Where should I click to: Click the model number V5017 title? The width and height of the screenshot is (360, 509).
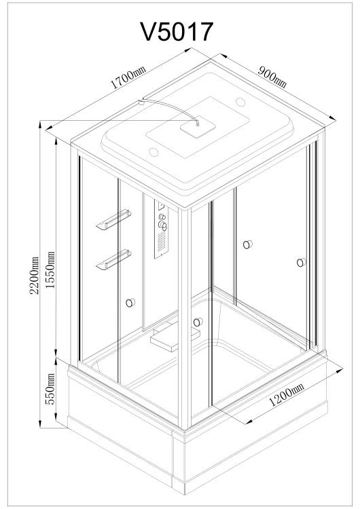click(x=177, y=31)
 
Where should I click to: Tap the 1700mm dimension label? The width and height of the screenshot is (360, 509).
click(x=128, y=77)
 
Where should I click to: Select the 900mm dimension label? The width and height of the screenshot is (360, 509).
click(x=272, y=77)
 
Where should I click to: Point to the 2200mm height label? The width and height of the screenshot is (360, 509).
click(x=34, y=275)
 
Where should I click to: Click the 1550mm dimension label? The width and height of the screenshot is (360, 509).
click(x=50, y=270)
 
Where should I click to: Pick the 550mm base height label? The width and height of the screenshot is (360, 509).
click(x=50, y=389)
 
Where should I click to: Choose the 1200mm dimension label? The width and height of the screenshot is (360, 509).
click(x=287, y=394)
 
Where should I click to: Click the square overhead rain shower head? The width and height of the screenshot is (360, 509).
click(x=198, y=127)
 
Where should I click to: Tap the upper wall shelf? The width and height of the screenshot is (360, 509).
click(x=113, y=219)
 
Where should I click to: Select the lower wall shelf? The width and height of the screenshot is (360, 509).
click(x=113, y=259)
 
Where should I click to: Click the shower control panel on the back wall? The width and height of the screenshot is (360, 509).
click(x=162, y=229)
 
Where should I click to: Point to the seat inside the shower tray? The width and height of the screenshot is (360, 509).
click(x=175, y=339)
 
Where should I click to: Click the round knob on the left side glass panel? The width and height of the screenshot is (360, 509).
click(x=130, y=303)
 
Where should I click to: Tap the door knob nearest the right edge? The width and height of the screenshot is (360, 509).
click(x=301, y=262)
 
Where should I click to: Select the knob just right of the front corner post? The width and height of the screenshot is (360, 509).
click(x=198, y=322)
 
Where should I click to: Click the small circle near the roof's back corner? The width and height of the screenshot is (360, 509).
click(x=240, y=102)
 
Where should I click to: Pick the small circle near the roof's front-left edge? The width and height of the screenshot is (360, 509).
click(x=154, y=152)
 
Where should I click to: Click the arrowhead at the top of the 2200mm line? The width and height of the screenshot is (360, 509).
click(x=40, y=124)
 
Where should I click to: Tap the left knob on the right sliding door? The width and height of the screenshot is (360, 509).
click(x=247, y=244)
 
